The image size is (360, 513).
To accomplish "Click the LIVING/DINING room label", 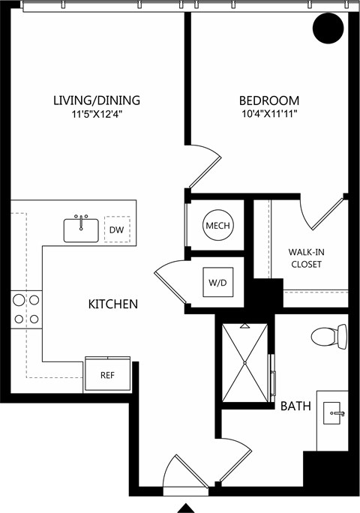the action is pyautogui.click(x=97, y=100).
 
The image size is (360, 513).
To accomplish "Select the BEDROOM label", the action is pyautogui.click(x=269, y=100).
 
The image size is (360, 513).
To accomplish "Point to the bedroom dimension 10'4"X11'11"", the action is pyautogui.click(x=269, y=114).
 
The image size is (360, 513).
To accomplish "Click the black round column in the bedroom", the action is pyautogui.click(x=328, y=28).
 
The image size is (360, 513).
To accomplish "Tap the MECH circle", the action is pyautogui.click(x=218, y=225).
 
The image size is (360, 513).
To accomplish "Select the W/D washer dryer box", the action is pyautogui.click(x=218, y=282).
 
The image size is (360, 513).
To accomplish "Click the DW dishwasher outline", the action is pyautogui.click(x=117, y=229).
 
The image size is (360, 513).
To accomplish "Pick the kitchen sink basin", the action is pyautogui.click(x=81, y=230).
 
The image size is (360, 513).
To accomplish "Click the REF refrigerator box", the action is pyautogui.click(x=108, y=374).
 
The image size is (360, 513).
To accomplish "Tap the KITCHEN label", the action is pyautogui.click(x=113, y=304).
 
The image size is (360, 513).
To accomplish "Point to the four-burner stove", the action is pyautogui.click(x=26, y=309).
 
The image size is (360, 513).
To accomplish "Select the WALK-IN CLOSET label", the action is pyautogui.click(x=306, y=258).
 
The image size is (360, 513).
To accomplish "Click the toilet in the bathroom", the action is pyautogui.click(x=329, y=336).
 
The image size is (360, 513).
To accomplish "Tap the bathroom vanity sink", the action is pyautogui.click(x=333, y=413).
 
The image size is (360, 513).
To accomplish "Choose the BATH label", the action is pyautogui.click(x=295, y=406).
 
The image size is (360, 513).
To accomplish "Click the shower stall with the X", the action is pyautogui.click(x=244, y=363).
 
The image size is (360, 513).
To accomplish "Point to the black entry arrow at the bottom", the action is pyautogui.click(x=186, y=508).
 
